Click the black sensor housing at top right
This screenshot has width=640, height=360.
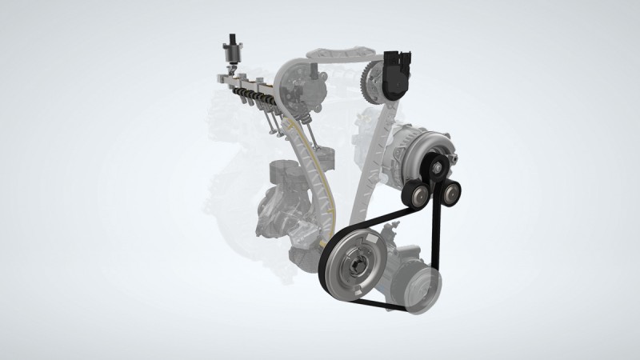click(x=396, y=72)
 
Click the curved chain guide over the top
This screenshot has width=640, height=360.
click(x=336, y=54)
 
